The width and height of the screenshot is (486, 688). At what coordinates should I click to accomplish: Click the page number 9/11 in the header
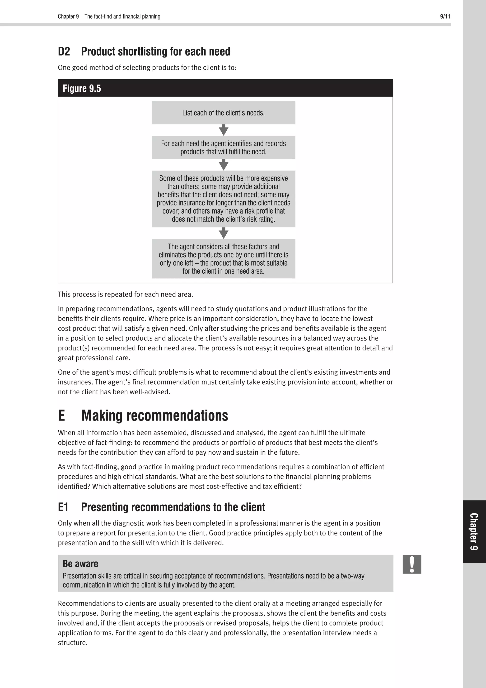tap(445, 16)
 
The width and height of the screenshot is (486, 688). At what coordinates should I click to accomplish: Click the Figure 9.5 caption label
tap(82, 88)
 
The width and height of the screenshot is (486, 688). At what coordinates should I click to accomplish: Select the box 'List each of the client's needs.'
tap(223, 113)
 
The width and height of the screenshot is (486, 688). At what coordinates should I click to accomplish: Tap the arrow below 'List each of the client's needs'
tap(223, 130)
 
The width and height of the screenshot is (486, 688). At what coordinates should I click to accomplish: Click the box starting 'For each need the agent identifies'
tap(223, 148)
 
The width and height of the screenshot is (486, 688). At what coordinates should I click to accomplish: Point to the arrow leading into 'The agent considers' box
tap(223, 233)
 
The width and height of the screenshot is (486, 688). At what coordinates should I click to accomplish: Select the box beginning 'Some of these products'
tap(223, 199)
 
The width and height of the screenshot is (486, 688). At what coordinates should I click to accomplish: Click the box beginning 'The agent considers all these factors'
tap(223, 259)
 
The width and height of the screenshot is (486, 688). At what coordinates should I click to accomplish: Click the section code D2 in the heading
tap(64, 52)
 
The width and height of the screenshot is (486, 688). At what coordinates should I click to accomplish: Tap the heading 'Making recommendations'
tap(154, 416)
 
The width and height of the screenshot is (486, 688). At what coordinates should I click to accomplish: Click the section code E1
tap(63, 507)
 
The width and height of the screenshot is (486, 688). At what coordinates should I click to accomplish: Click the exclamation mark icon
tap(412, 564)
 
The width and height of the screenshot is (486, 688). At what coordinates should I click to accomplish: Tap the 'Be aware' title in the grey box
tap(80, 564)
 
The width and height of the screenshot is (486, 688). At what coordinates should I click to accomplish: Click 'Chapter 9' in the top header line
tap(68, 16)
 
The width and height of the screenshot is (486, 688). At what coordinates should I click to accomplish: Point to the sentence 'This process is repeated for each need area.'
tap(125, 294)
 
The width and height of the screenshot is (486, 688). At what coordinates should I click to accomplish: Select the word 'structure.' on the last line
tap(73, 643)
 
